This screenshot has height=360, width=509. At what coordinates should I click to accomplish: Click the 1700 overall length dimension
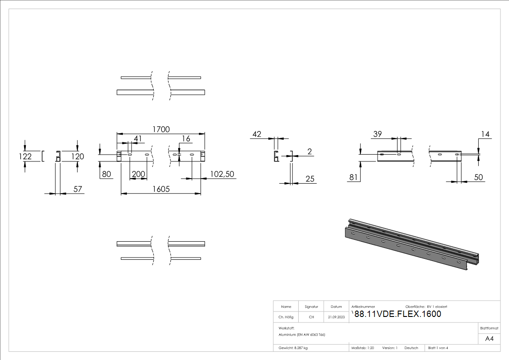click(160, 129)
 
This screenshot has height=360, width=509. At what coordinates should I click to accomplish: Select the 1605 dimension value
click(160, 189)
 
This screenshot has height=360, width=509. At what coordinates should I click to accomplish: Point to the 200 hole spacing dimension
click(138, 174)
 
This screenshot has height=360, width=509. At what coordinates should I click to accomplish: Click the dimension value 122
click(26, 156)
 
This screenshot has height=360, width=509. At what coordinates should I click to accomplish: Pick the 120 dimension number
click(78, 156)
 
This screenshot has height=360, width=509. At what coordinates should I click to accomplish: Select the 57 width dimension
click(78, 189)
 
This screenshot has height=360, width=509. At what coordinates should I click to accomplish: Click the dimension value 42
click(257, 134)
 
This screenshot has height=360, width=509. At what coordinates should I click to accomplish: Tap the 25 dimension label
click(310, 179)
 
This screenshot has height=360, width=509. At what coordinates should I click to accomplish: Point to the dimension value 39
click(378, 134)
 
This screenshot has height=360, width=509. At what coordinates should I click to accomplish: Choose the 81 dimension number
click(354, 177)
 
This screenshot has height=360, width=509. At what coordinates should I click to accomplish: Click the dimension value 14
click(486, 134)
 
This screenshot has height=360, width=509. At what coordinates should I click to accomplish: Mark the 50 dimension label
click(479, 177)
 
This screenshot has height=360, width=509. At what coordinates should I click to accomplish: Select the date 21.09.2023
click(336, 317)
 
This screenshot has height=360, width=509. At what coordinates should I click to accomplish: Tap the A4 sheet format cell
click(489, 339)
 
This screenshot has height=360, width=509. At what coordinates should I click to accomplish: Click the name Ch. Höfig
click(286, 317)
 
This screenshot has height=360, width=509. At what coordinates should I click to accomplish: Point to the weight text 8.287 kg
click(293, 348)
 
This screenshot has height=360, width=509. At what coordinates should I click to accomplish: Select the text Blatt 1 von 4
click(438, 348)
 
